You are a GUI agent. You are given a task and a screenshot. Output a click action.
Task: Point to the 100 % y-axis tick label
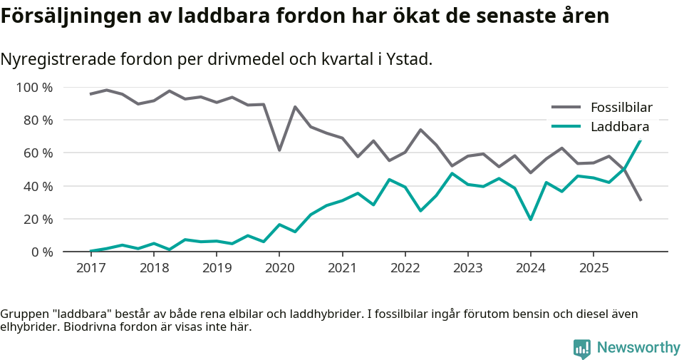pos(35,88)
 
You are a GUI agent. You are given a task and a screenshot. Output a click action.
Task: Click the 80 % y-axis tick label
pos(38,120)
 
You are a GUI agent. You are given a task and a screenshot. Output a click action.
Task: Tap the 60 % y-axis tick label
pos(38,153)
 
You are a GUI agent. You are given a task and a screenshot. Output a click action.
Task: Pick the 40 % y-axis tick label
pos(38,186)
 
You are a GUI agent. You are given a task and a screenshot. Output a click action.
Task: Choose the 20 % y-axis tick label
pos(38,219)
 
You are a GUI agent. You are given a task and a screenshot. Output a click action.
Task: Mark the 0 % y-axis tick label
pos(41,252)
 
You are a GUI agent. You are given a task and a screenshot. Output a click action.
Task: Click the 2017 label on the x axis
pos(90,268)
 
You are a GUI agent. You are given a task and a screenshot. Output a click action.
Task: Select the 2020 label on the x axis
pos(279,268)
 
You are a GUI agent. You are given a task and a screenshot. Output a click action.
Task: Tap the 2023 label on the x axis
pos(468,268)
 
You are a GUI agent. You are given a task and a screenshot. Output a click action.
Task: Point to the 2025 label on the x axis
pos(594,268)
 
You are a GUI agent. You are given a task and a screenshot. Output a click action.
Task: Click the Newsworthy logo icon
pos(581,348)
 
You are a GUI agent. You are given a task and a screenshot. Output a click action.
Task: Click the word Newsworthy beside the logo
pos(638,348)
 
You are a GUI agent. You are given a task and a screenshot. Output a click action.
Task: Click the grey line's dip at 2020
pos(279,150)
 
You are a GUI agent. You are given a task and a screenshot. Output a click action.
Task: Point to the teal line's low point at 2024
pos(531,220)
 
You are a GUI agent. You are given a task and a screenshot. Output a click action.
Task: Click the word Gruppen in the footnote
pos(22,314)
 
